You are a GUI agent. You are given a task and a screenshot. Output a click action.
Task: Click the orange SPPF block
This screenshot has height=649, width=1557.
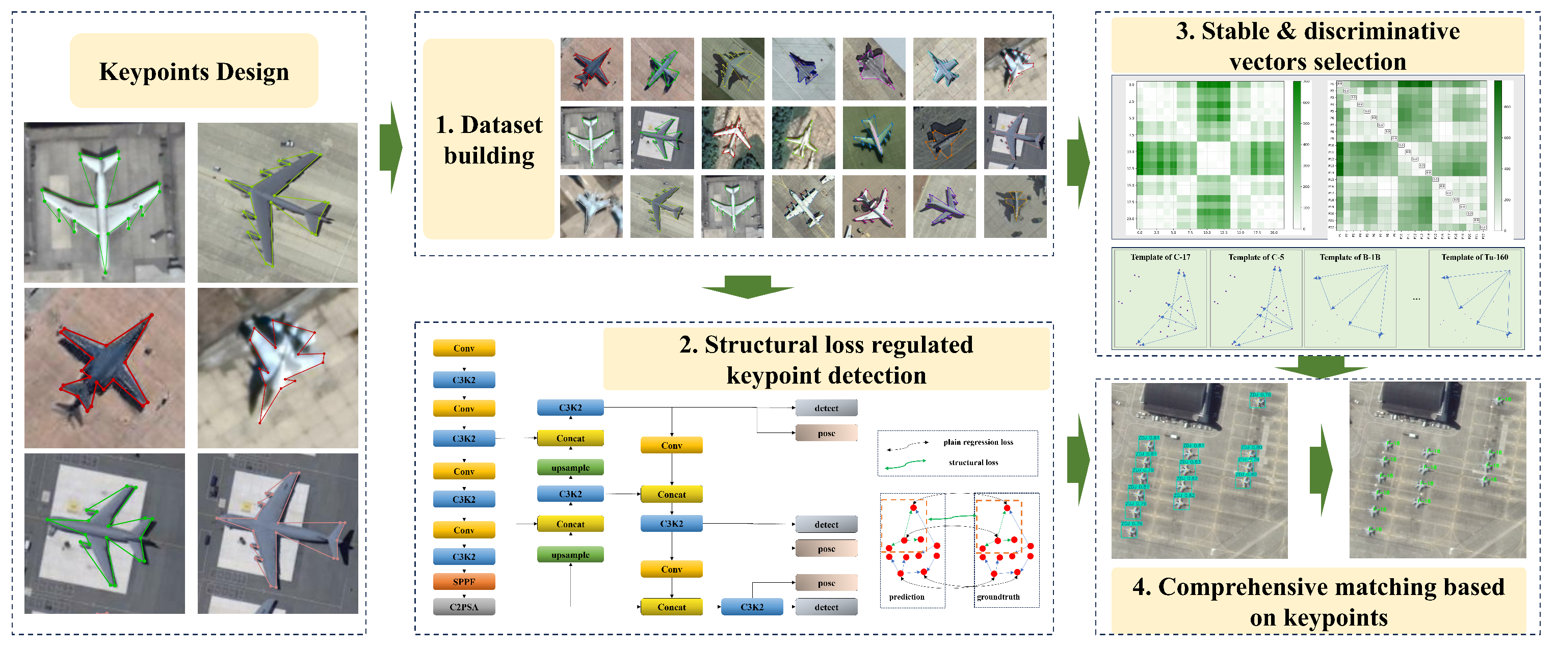coord(464,582)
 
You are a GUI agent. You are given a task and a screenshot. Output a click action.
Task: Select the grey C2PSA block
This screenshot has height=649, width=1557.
coord(464,607)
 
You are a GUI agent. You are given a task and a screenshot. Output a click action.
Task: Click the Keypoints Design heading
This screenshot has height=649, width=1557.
coord(194,71)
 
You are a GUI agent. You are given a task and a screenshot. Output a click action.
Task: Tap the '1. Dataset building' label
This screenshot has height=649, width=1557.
coord(488,140)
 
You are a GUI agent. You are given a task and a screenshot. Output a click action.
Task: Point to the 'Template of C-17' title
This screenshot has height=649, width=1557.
coord(1160,257)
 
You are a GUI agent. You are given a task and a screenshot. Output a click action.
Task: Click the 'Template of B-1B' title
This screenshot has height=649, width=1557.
coord(1349,257)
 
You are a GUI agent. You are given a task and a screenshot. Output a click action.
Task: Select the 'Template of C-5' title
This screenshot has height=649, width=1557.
coord(1255,257)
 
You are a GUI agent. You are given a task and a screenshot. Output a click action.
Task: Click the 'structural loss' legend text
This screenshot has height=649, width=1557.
coord(972,462)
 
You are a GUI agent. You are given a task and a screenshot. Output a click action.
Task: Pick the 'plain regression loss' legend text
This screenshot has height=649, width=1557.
coord(978,442)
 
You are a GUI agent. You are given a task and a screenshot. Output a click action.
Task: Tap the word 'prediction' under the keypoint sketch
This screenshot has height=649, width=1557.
coord(906,597)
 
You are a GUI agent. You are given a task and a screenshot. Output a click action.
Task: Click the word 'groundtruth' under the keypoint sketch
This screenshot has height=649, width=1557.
coord(998,597)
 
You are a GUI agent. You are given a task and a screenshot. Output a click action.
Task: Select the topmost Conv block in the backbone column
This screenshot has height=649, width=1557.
coord(464,348)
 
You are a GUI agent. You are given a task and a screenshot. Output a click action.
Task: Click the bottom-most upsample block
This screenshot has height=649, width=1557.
coord(570,555)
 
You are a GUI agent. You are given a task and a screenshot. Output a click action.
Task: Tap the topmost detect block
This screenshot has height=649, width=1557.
coord(826,408)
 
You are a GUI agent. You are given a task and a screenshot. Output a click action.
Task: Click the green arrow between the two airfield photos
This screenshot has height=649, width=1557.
coord(1321,470)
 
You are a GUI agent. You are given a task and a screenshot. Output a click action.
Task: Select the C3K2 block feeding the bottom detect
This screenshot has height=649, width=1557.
coord(751,607)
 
